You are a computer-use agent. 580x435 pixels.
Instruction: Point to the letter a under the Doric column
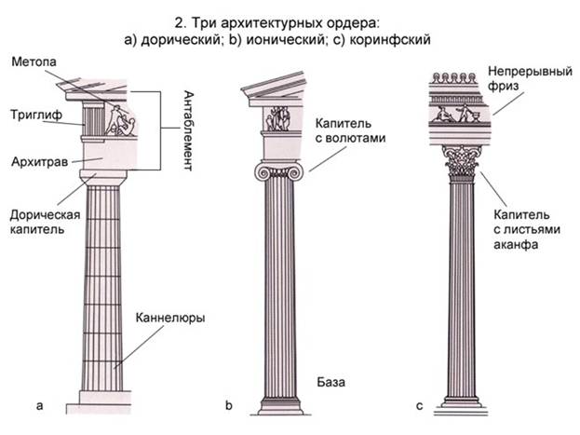(38, 405)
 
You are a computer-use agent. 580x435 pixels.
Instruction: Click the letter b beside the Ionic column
(228, 405)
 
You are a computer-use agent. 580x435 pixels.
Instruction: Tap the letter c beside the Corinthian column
(420, 405)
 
